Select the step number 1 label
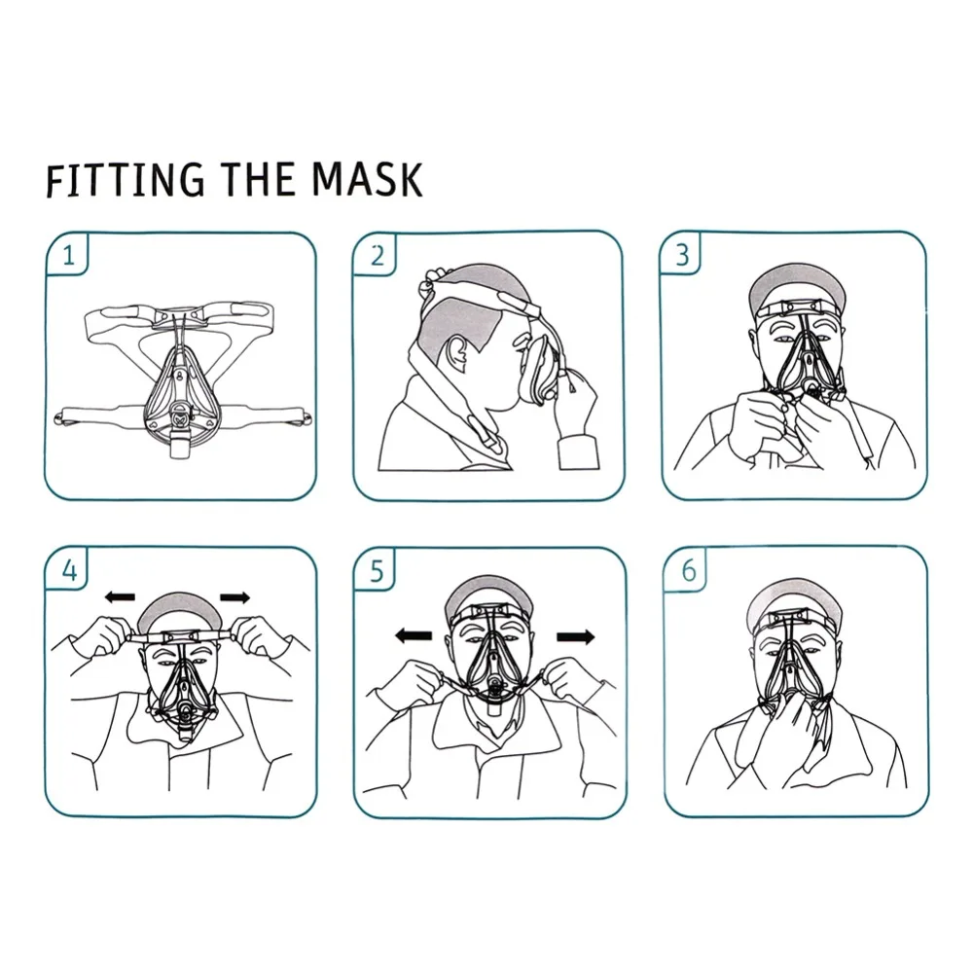[x=68, y=255]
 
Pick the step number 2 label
[x=378, y=255]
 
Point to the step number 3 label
[x=683, y=255]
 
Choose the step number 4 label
[x=69, y=569]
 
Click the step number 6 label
[x=689, y=570]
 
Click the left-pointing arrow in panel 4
[x=120, y=597]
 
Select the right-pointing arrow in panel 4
[x=235, y=597]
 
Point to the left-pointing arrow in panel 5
[x=414, y=634]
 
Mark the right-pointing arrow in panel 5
[x=576, y=636]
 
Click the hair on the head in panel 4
[x=180, y=611]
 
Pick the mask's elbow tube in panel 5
[x=493, y=708]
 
